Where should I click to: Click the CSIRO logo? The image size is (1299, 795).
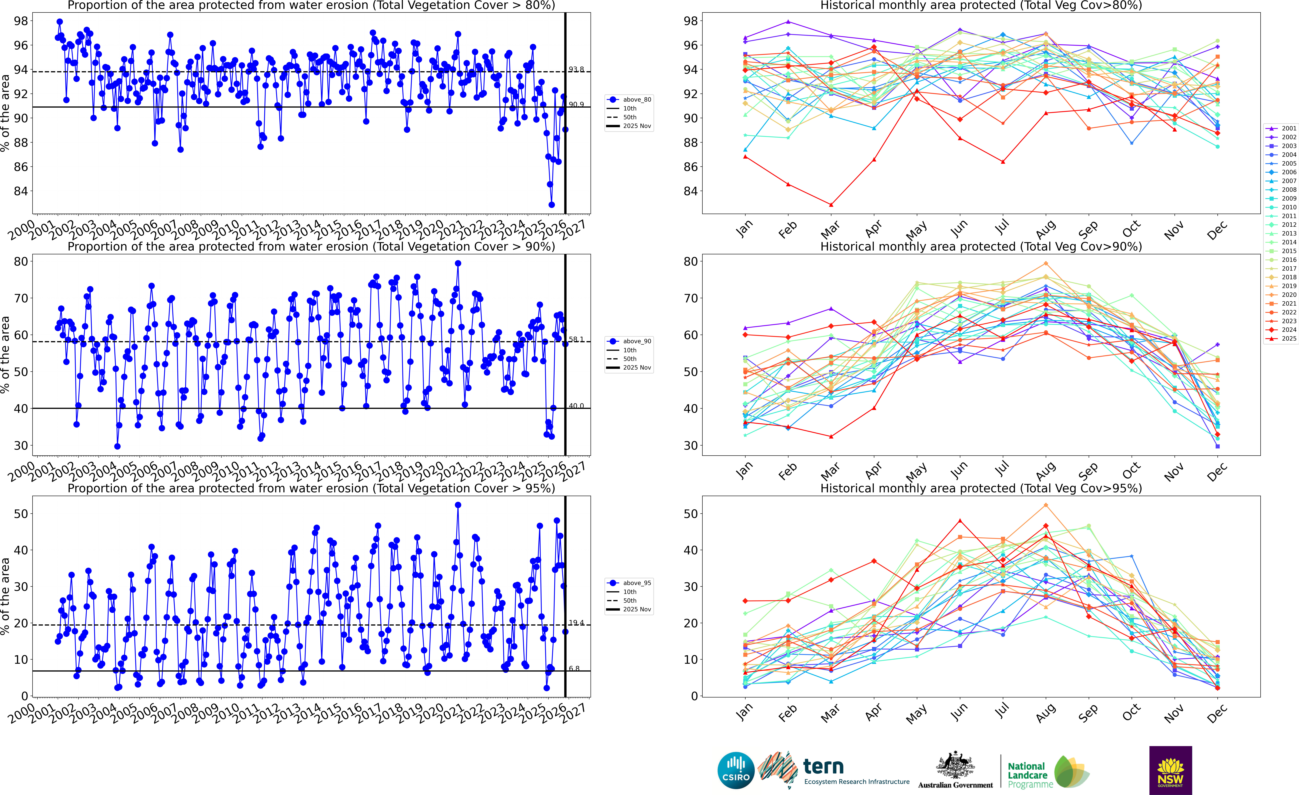tap(736, 770)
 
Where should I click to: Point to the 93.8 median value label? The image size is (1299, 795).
tap(576, 70)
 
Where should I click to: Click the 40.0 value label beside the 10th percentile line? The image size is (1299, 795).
tap(576, 406)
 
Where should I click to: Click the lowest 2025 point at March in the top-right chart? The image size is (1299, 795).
tap(831, 205)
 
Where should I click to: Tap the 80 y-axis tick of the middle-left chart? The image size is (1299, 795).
tap(21, 261)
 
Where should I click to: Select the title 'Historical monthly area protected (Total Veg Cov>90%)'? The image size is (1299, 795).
tap(981, 247)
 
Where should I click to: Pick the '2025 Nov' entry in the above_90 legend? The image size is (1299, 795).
tap(636, 367)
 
